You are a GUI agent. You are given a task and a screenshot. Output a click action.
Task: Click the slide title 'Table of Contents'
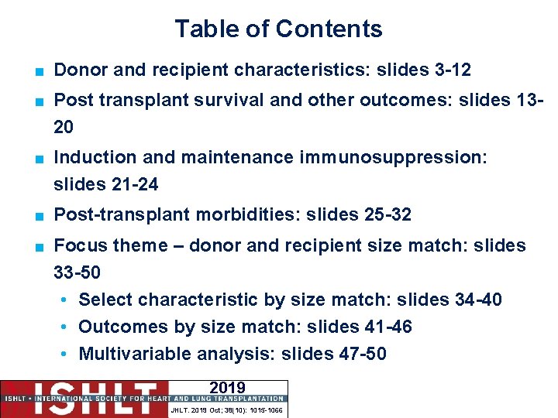pyautogui.click(x=278, y=29)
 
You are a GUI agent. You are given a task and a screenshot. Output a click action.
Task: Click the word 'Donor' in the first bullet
pyautogui.click(x=78, y=70)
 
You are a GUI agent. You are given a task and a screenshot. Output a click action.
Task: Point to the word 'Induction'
pyautogui.click(x=95, y=158)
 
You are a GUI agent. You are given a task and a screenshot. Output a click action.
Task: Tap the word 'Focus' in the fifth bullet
pyautogui.click(x=77, y=246)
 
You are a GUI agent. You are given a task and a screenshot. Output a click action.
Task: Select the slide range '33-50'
pyautogui.click(x=77, y=273)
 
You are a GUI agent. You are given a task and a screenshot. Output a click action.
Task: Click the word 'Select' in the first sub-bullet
pyautogui.click(x=105, y=300)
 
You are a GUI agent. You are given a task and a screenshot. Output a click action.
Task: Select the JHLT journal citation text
pyautogui.click(x=227, y=409)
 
